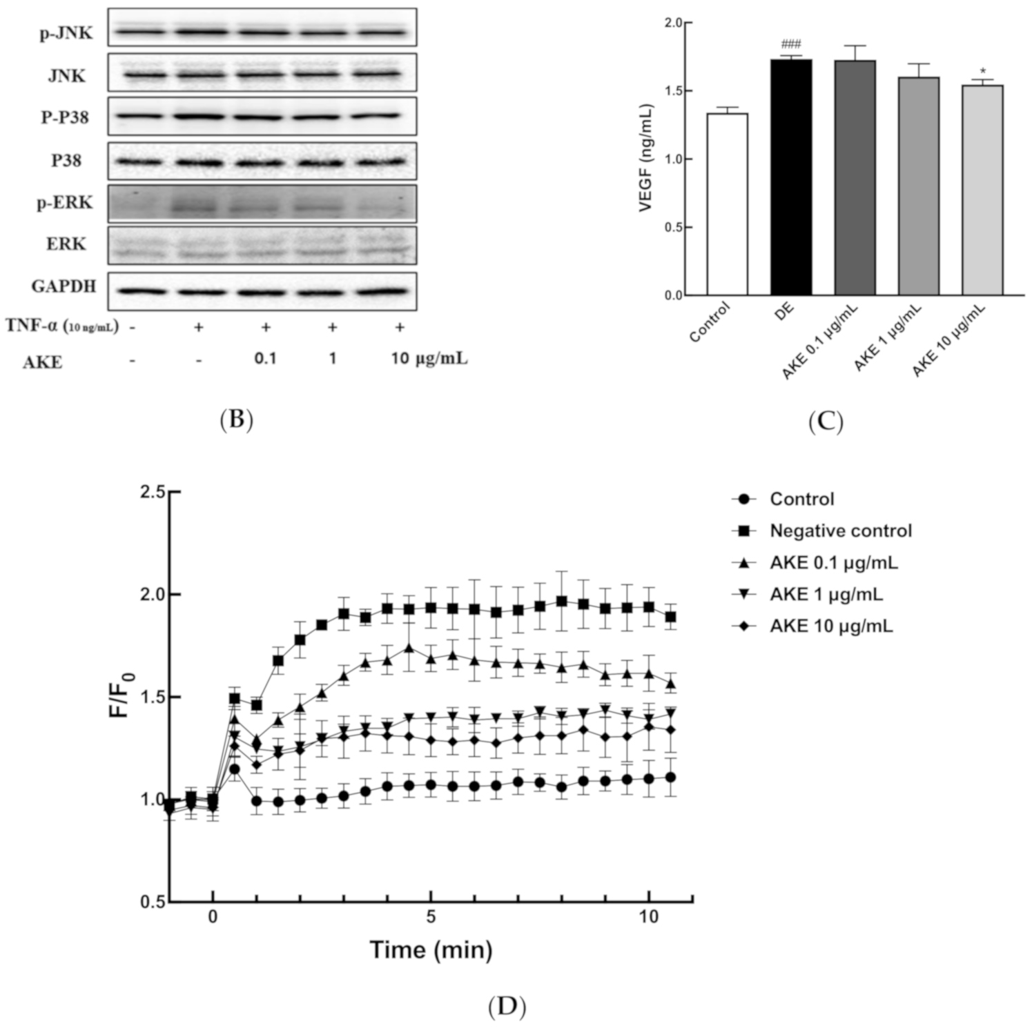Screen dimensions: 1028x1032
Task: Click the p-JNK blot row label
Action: click(x=66, y=33)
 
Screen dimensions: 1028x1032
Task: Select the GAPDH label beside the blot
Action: click(x=64, y=286)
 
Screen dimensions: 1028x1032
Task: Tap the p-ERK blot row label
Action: click(x=65, y=204)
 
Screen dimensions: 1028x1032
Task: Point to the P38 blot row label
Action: click(x=66, y=161)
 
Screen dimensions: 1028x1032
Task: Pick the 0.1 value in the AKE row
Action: click(x=265, y=359)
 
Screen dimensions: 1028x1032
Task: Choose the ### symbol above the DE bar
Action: click(x=791, y=45)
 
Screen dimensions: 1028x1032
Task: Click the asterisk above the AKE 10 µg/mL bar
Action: click(x=982, y=72)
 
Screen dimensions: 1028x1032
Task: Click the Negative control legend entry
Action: click(x=840, y=531)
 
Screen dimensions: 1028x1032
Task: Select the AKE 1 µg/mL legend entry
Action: click(x=826, y=594)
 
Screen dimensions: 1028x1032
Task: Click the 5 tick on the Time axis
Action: click(x=431, y=917)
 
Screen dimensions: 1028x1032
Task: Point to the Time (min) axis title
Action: click(x=431, y=950)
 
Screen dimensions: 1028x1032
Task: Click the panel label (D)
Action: click(x=507, y=1007)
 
